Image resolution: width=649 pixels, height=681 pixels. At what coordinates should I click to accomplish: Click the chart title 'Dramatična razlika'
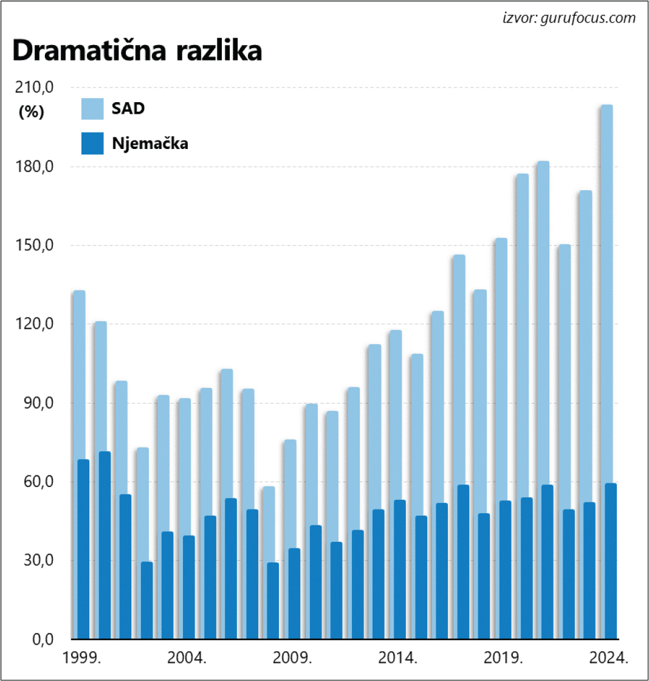(x=137, y=51)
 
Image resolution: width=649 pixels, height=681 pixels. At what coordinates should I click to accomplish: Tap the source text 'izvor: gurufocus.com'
(x=569, y=18)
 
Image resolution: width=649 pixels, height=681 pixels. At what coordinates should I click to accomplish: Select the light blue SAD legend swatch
(x=93, y=109)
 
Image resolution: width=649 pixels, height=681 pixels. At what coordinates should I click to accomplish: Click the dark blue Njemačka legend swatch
(x=93, y=143)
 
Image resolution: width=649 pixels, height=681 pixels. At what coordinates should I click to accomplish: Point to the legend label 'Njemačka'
(x=149, y=144)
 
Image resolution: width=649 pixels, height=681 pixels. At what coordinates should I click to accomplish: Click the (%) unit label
(x=32, y=112)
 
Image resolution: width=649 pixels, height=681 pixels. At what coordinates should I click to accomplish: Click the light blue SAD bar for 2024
(x=606, y=292)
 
